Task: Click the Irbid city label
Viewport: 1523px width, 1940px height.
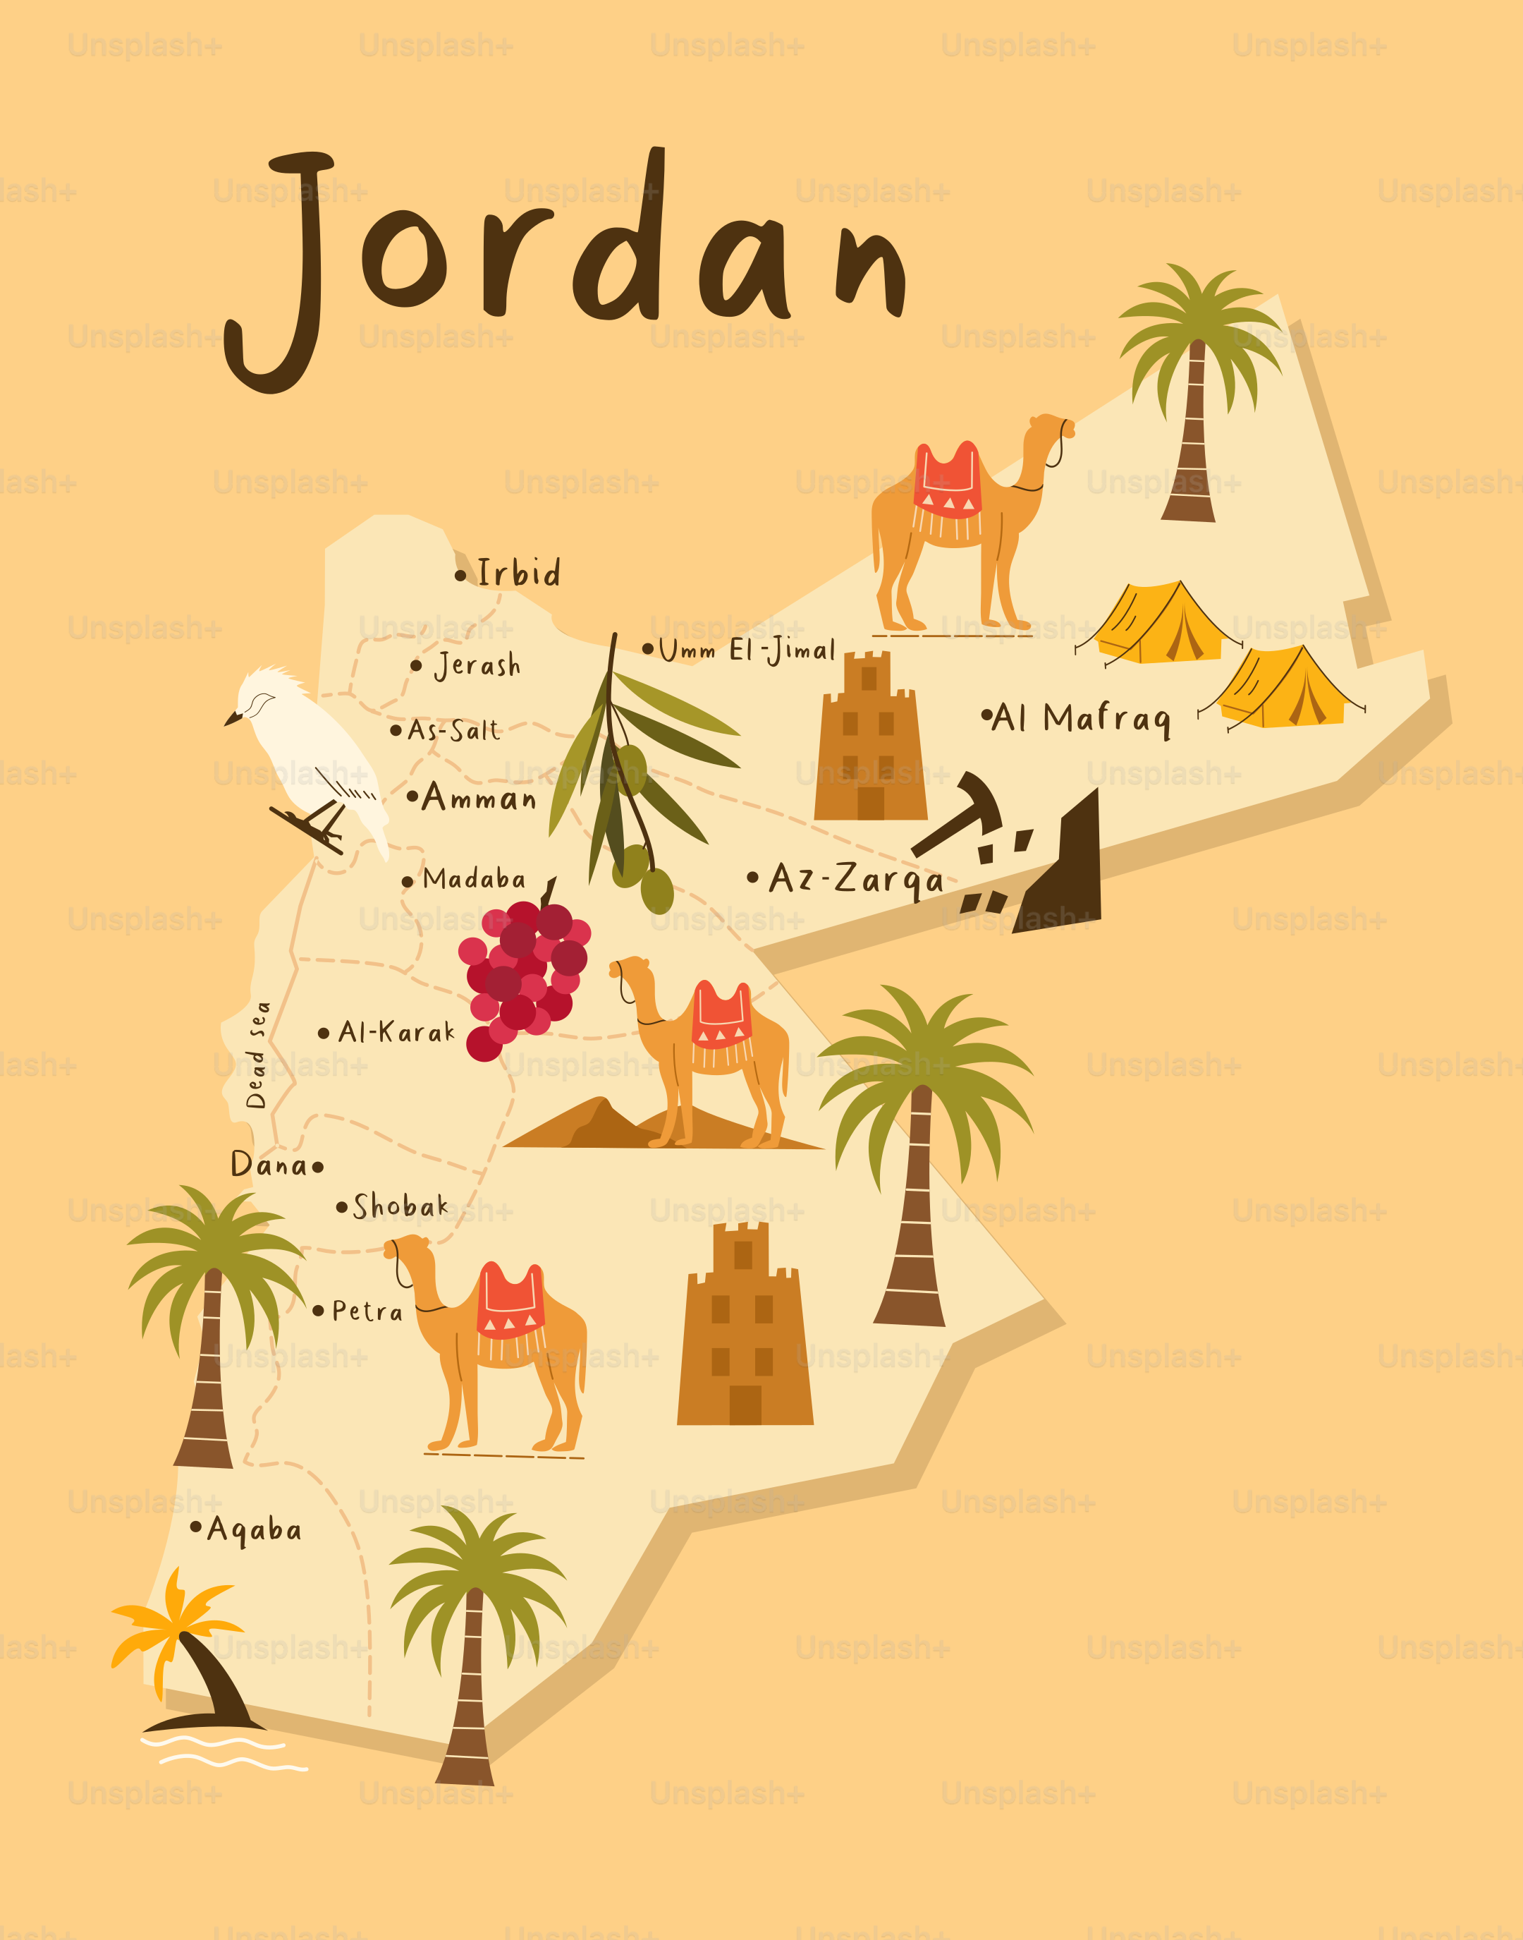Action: (518, 573)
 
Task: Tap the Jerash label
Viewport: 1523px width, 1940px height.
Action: (477, 665)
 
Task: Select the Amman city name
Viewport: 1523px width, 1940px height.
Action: (479, 796)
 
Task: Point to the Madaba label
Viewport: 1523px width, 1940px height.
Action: (474, 880)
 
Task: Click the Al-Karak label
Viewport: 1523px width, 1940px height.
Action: (396, 1033)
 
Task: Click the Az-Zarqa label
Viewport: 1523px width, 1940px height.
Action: (855, 878)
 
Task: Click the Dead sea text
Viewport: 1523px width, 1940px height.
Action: (257, 1055)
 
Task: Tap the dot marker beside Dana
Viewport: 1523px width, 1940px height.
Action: (317, 1166)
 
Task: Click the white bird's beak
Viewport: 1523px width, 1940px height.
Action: (233, 718)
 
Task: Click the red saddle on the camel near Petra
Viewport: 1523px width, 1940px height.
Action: (510, 1303)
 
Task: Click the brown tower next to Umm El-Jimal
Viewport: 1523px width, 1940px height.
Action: (869, 739)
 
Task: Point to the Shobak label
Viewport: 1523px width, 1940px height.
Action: (400, 1207)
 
